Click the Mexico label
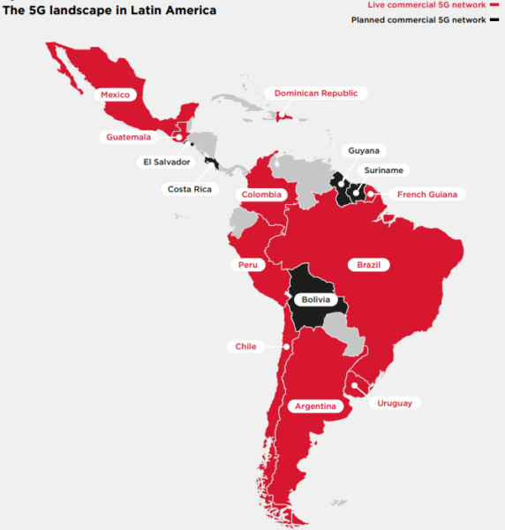[x=115, y=94]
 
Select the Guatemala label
[x=128, y=137]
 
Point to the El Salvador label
[x=166, y=162]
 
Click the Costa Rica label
[x=189, y=189]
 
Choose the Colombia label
[x=262, y=194]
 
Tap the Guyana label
[x=364, y=151]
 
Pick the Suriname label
[x=385, y=170]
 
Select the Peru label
[x=246, y=264]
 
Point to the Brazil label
[x=368, y=264]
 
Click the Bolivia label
[x=315, y=299]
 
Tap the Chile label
[x=245, y=346]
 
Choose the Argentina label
[x=315, y=406]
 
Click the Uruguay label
[x=394, y=403]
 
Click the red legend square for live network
[x=492, y=5]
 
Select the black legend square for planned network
[x=492, y=19]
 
